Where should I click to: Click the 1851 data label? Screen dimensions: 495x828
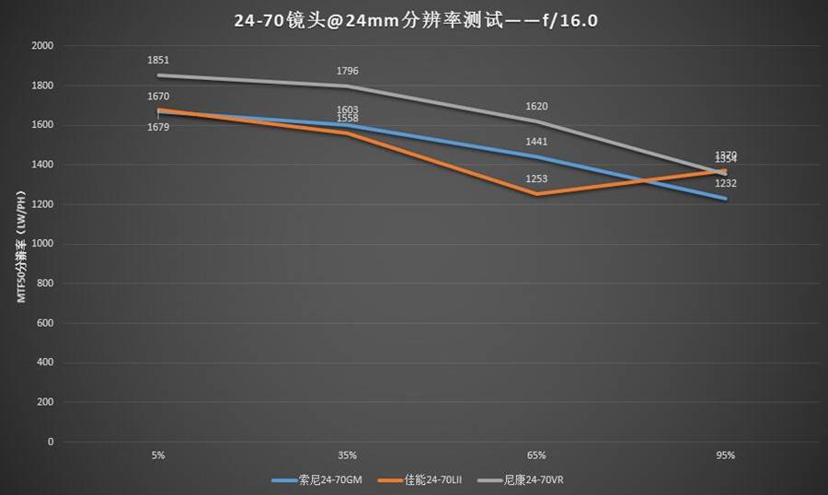tap(158, 60)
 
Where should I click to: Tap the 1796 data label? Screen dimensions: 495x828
tap(348, 71)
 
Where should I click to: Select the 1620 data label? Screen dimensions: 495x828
tap(536, 106)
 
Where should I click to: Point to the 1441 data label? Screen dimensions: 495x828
tap(536, 142)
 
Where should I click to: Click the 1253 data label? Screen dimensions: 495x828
tap(536, 178)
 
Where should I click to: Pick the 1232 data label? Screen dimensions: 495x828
tap(726, 183)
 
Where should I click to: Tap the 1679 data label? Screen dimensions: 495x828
tap(158, 127)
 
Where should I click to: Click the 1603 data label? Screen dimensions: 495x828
tap(348, 109)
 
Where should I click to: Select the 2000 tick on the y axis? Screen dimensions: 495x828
tap(42, 45)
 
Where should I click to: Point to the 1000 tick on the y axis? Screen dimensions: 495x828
tap(42, 244)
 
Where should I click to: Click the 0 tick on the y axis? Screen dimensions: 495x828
tap(51, 443)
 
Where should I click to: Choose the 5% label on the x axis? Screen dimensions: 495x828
tap(158, 455)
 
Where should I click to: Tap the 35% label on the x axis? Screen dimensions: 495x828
tap(348, 455)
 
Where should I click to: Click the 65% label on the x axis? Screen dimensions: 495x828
tap(536, 455)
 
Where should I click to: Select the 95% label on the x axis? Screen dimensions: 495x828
tap(726, 455)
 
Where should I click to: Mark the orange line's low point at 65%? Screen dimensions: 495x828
tap(536, 194)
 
